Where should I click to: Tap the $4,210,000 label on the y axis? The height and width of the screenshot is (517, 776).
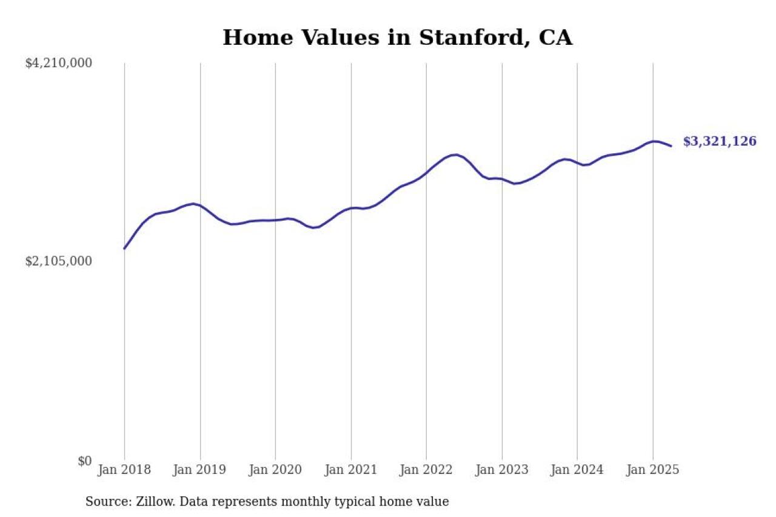tap(58, 63)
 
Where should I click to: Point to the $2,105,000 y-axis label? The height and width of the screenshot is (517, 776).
tap(58, 261)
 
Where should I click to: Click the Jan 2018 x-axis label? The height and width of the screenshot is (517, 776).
tap(124, 470)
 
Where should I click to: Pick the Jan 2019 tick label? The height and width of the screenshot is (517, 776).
tap(200, 470)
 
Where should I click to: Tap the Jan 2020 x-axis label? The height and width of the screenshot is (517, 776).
tap(275, 470)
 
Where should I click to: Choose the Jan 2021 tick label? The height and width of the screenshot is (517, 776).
tap(351, 470)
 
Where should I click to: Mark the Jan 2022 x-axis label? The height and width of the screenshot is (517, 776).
tap(426, 470)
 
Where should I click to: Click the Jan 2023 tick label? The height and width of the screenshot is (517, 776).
tap(502, 470)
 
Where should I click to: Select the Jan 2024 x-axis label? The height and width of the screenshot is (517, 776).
tap(577, 470)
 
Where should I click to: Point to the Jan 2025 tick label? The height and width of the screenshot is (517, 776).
tap(653, 470)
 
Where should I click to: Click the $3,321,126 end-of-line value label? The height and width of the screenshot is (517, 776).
tap(720, 142)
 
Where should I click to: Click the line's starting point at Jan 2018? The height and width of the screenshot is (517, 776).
tap(124, 248)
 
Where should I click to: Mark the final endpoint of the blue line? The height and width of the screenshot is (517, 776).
tap(671, 146)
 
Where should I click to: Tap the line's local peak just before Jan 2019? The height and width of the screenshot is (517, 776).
tap(193, 204)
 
